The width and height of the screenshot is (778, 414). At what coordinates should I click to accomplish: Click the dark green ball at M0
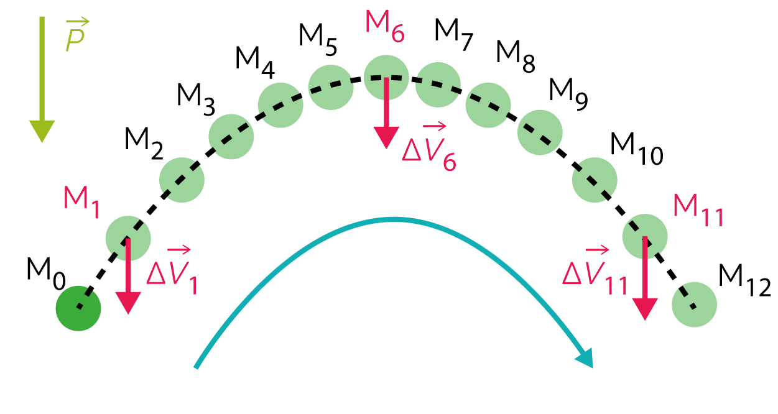[78, 308]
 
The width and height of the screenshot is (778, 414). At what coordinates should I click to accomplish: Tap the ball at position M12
[694, 305]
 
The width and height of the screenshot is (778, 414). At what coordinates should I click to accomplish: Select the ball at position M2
[182, 180]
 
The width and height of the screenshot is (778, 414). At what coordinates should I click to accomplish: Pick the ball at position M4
[280, 105]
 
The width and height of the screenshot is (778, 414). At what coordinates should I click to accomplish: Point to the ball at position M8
[488, 105]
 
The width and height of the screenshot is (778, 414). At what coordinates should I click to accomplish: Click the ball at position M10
[595, 180]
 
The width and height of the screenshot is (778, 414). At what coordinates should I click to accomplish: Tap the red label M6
[385, 27]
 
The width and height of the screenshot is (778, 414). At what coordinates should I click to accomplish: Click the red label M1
[81, 202]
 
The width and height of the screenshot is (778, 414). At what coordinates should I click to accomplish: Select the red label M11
[698, 210]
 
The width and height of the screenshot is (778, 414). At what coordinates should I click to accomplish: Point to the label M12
[744, 280]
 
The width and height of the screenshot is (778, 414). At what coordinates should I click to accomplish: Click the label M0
[46, 274]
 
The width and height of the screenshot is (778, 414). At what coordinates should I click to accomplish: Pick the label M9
[568, 94]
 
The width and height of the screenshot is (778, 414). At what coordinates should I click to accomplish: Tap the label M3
[196, 99]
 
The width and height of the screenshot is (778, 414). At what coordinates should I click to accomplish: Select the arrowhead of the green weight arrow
[42, 131]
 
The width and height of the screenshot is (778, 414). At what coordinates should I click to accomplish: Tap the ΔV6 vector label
[429, 146]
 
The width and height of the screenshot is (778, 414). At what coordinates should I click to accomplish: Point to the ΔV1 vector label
[172, 270]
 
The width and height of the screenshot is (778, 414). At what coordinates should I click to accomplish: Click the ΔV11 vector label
[595, 270]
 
